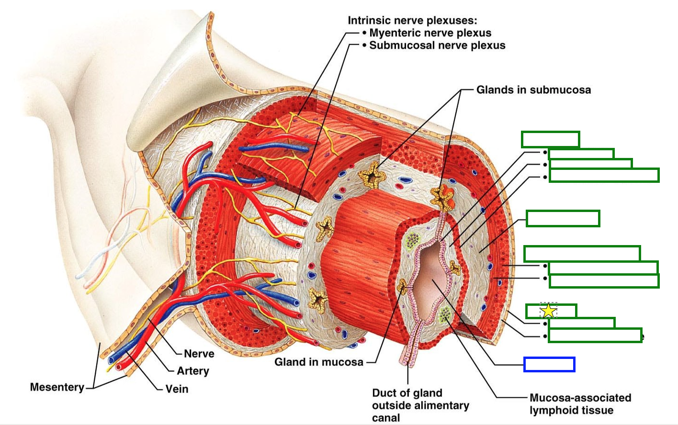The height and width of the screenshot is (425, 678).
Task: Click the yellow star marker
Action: pos(548,311)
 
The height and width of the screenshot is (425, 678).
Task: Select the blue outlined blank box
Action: pos(549,364)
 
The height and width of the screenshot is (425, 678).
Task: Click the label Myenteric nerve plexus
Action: pos(430,33)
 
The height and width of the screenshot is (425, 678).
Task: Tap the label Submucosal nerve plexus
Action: pos(437,45)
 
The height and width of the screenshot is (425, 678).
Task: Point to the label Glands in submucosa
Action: pos(533,90)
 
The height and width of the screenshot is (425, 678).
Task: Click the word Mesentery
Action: pos(57,387)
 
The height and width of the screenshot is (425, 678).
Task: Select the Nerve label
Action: pos(199,354)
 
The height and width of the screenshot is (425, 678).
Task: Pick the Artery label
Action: pos(193,371)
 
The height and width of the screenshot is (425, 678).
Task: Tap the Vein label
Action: pos(177,389)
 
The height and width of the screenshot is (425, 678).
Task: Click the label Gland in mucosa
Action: pos(319,362)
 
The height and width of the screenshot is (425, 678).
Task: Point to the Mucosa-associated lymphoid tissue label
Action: pos(580,404)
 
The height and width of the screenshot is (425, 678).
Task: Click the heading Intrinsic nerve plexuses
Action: pos(412,21)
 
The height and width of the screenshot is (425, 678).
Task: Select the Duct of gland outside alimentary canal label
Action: pos(420,405)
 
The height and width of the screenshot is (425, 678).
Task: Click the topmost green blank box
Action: pos(550,139)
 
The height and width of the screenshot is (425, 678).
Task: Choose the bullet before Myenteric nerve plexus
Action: pos(365,33)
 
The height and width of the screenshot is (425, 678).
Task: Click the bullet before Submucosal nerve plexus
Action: pos(365,45)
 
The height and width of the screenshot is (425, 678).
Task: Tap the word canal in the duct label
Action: pos(386,418)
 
